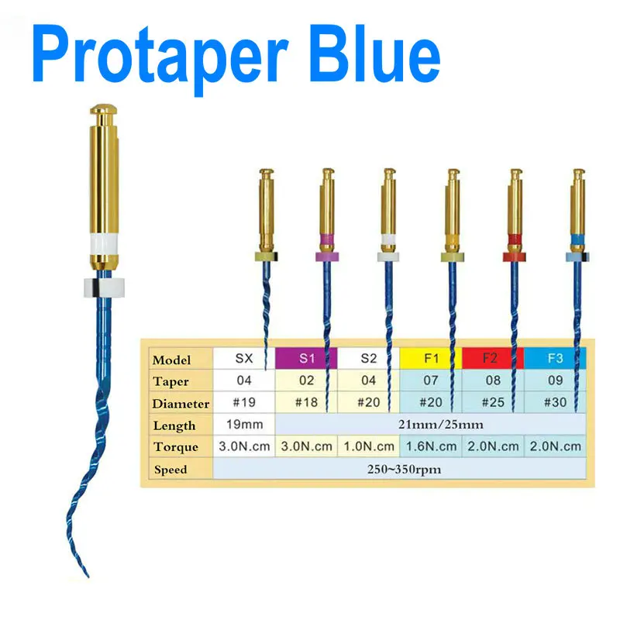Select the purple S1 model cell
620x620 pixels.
(x=306, y=359)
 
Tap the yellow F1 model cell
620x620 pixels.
(x=431, y=359)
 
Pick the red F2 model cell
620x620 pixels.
(x=493, y=359)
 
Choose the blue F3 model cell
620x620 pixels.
(x=555, y=359)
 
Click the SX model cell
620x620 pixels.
(x=244, y=359)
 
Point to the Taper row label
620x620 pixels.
(x=170, y=381)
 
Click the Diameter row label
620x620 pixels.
(x=181, y=403)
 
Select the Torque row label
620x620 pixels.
(x=175, y=446)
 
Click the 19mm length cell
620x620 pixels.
(x=244, y=425)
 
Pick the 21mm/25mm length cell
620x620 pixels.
(x=430, y=425)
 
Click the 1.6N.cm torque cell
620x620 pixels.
(x=431, y=446)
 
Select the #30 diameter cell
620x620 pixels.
(x=555, y=403)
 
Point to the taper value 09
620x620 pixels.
(x=555, y=381)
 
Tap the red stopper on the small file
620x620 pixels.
(x=512, y=257)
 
